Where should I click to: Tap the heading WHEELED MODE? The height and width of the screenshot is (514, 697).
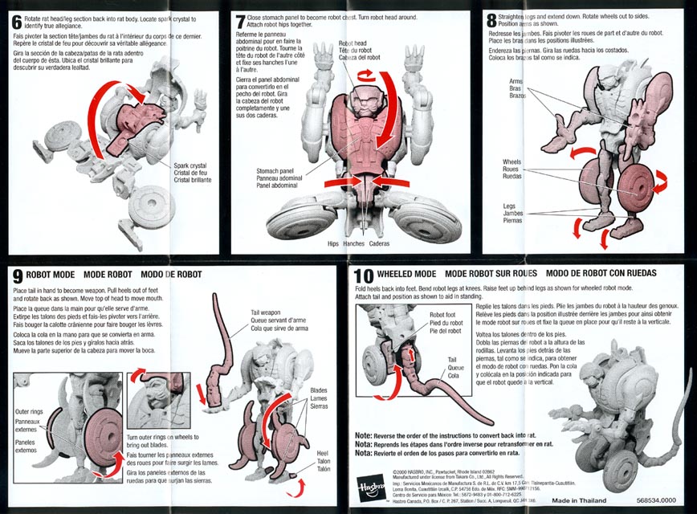(406, 274)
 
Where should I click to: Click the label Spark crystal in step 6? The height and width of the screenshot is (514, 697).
(192, 165)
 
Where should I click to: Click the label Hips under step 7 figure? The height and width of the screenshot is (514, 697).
(333, 244)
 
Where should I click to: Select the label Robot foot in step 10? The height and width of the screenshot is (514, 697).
(442, 316)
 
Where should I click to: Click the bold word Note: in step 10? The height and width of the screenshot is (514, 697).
(364, 435)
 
